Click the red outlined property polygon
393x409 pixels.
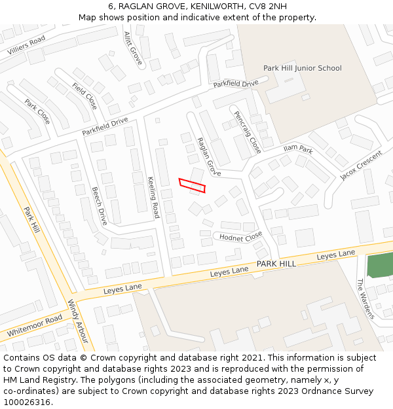pyautogui.click(x=192, y=185)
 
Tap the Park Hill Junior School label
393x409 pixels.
pyautogui.click(x=302, y=68)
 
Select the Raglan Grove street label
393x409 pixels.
pyautogui.click(x=209, y=156)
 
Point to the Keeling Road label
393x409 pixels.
pyautogui.click(x=153, y=197)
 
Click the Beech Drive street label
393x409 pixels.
pyautogui.click(x=100, y=206)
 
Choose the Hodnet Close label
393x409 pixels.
pyautogui.click(x=240, y=237)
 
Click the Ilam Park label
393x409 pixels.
pyautogui.click(x=298, y=149)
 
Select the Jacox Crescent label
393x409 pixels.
pyautogui.click(x=360, y=166)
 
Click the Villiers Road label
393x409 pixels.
pyautogui.click(x=26, y=45)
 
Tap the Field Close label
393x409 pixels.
pyautogui.click(x=84, y=96)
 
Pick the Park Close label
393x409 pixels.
pyautogui.click(x=37, y=111)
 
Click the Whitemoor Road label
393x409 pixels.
pyautogui.click(x=35, y=326)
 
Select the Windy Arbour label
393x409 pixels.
pyautogui.click(x=78, y=321)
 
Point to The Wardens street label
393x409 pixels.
pyautogui.click(x=365, y=298)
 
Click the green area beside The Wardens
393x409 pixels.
pyautogui.click(x=380, y=266)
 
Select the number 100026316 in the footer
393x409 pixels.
pyautogui.click(x=26, y=402)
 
